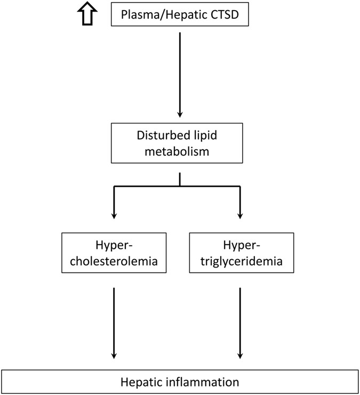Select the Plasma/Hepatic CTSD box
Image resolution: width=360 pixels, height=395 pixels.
pos(179,14)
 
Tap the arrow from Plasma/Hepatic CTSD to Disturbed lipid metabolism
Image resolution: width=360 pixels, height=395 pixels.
pos(180,75)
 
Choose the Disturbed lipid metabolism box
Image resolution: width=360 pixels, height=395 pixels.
pos(179,143)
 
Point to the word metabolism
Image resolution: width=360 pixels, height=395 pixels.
pos(179,151)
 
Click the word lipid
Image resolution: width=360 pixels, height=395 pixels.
pos(204,136)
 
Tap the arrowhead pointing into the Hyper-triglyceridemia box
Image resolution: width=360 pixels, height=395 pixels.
pos(240,215)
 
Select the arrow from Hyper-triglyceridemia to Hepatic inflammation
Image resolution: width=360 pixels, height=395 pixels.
pos(240,323)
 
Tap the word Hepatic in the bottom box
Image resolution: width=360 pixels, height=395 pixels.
pos(140,382)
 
